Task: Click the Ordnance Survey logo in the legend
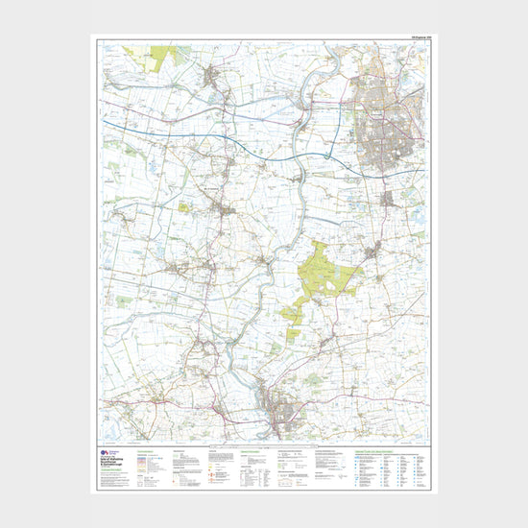105,451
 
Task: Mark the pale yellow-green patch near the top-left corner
157,55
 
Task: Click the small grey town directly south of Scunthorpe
388,200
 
